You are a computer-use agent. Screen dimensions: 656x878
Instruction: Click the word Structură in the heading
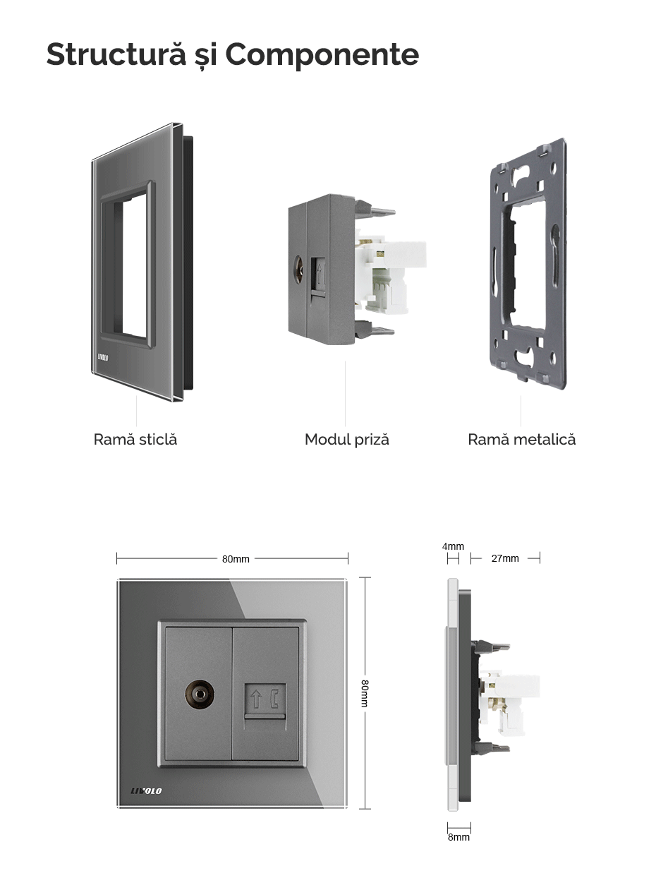(x=116, y=54)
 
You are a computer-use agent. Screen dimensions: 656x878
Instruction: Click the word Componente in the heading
(x=322, y=54)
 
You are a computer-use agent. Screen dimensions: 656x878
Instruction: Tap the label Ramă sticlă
(x=135, y=439)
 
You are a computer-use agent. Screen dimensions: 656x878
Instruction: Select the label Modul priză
(x=346, y=440)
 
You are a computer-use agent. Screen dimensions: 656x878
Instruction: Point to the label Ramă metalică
(x=522, y=439)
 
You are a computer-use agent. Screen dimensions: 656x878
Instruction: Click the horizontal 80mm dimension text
(x=236, y=559)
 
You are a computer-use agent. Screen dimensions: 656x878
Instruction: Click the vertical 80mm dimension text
(x=364, y=693)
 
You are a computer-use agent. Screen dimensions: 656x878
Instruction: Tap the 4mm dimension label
(x=453, y=546)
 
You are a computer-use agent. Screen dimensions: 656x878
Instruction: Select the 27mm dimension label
(x=505, y=558)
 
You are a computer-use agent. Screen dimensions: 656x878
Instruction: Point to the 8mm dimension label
(x=458, y=837)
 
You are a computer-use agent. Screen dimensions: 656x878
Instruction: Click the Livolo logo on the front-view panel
(x=146, y=790)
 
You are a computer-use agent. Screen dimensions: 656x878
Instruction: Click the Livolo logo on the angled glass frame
(x=103, y=357)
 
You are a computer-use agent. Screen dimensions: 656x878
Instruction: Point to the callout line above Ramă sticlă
(x=136, y=411)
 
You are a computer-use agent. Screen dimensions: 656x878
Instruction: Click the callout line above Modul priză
(x=346, y=393)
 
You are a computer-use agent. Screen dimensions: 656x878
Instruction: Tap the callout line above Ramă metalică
(x=521, y=411)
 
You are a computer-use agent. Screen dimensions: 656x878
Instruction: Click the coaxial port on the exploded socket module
(x=298, y=265)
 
